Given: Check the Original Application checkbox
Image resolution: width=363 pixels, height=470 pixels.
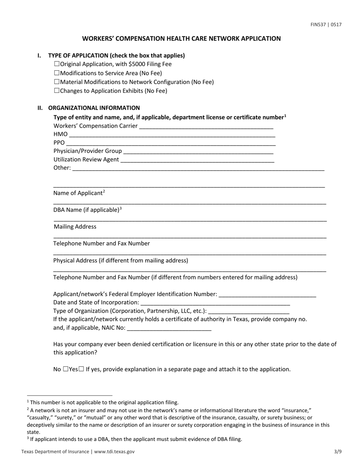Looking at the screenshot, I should coord(57,64).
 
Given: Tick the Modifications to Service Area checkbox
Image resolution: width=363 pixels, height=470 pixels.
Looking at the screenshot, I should coord(57,73).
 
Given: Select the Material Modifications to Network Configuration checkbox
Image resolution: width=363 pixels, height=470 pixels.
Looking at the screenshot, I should coord(57,82).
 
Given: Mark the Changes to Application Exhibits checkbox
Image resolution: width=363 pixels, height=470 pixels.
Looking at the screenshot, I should coord(57,91).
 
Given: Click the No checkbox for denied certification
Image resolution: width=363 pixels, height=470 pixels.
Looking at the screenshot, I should coord(66,369).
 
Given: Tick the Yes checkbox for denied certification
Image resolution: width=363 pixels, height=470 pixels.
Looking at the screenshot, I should coord(81,369).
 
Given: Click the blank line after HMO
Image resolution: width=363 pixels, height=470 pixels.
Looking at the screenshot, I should coord(172,135).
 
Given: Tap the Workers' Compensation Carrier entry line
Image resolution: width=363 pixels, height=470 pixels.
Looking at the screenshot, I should coord(206,126).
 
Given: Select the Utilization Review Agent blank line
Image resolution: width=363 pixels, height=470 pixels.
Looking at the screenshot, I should coord(197,160).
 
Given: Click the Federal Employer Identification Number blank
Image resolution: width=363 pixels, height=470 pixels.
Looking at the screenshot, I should coord(268,295).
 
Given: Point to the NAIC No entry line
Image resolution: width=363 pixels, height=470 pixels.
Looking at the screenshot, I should coord(169,328).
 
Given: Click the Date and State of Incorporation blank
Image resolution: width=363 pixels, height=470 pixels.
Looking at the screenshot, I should coord(215,303).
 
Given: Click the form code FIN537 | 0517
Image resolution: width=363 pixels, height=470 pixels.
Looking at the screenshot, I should coord(326,25).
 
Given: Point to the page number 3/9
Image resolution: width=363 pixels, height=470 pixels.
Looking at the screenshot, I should coord(337,451).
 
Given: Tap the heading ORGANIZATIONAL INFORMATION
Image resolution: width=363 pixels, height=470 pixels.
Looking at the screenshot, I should coord(94,108).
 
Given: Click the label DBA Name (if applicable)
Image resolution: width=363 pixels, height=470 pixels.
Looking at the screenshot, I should coord(87,210).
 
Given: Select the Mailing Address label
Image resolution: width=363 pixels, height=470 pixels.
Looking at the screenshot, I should coord(75,227).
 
